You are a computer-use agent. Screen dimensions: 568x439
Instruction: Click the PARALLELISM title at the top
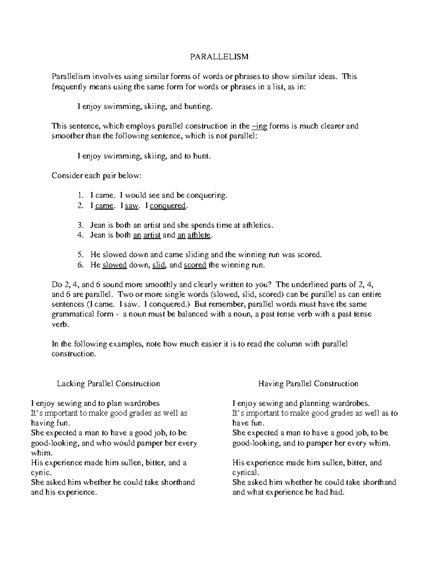[x=219, y=57]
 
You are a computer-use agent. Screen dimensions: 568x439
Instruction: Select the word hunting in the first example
[x=198, y=107]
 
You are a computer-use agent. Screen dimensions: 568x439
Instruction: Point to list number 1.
[x=81, y=195]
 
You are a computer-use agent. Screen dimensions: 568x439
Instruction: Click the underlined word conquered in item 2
[x=168, y=206]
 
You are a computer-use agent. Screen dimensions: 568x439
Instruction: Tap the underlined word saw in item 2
[x=132, y=206]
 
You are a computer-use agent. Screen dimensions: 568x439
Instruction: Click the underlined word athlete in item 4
[x=199, y=235]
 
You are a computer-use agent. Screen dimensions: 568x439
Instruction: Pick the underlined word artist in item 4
[x=152, y=235]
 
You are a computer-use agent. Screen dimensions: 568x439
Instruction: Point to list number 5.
[x=81, y=255]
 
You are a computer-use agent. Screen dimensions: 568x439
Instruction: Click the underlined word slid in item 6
[x=159, y=265]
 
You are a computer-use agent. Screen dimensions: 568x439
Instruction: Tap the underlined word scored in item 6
[x=195, y=265]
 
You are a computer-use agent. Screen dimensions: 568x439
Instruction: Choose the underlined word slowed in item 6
[x=115, y=265]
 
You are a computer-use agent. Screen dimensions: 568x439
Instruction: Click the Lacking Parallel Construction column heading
[x=108, y=384]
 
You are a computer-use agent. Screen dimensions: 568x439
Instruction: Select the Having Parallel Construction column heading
[x=308, y=384]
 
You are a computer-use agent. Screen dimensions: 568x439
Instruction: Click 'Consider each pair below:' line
[x=96, y=176]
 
